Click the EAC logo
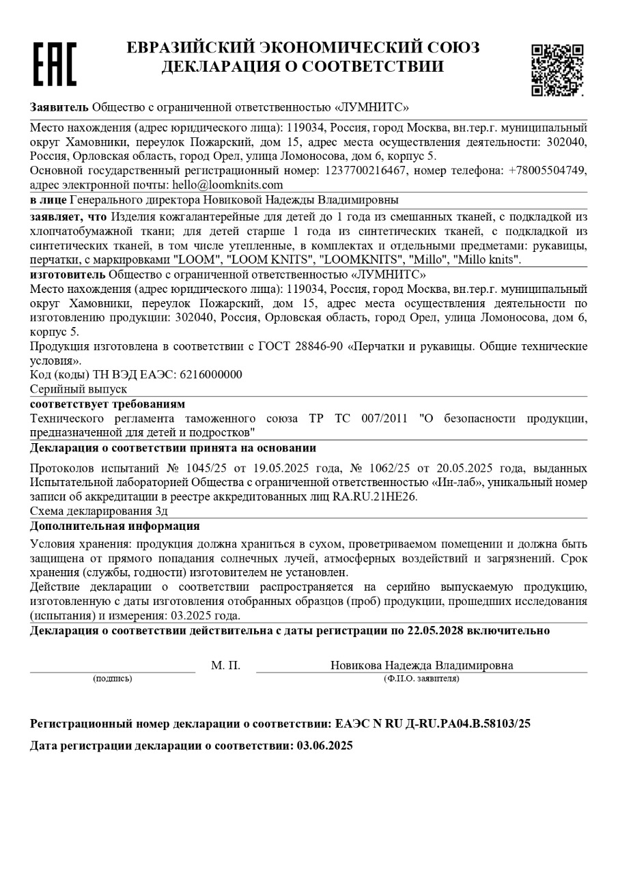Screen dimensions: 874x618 coord(55,64)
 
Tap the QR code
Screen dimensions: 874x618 coord(557,70)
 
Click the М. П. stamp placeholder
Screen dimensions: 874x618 coord(225,666)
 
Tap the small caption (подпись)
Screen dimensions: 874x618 coord(113,679)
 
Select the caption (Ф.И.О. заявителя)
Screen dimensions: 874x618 coord(421,679)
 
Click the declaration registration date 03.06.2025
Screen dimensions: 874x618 coord(324,746)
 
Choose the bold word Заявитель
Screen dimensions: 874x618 coord(59,107)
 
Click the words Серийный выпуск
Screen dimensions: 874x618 coord(79,389)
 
